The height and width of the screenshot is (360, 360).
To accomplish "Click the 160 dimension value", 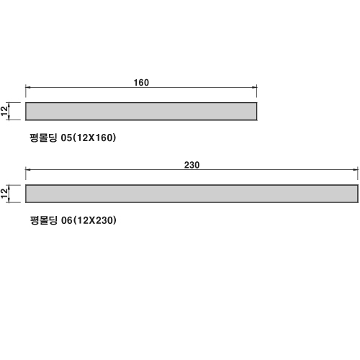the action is [141, 83].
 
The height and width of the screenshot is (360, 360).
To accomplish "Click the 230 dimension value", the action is [192, 165].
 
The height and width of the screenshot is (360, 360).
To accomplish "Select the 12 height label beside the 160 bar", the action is [4, 111].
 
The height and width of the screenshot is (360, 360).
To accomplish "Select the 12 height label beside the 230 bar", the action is [4, 194].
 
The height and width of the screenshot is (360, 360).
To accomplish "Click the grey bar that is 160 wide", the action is [141, 112].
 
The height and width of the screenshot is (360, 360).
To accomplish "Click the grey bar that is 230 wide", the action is [192, 194].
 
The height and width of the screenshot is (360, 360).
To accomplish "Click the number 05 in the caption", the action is [66, 138].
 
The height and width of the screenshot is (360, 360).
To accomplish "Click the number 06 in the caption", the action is [67, 220].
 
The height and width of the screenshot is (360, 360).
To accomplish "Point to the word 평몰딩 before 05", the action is [43, 138].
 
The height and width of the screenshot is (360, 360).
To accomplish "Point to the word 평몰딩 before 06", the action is [44, 220].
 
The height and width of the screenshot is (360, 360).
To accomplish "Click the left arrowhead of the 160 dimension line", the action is [28, 87].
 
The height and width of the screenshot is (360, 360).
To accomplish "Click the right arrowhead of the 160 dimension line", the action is [254, 87].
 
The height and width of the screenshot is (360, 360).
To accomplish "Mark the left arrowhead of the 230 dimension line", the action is [28, 170].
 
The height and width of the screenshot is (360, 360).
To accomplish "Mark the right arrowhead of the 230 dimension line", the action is [356, 170].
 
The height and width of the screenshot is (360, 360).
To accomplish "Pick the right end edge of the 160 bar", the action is [257, 112].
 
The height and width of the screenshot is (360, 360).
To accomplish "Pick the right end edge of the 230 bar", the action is [358, 194].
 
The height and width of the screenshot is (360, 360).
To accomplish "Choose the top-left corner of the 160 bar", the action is [26, 103].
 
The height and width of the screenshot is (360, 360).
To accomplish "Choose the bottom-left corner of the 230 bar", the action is [26, 202].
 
